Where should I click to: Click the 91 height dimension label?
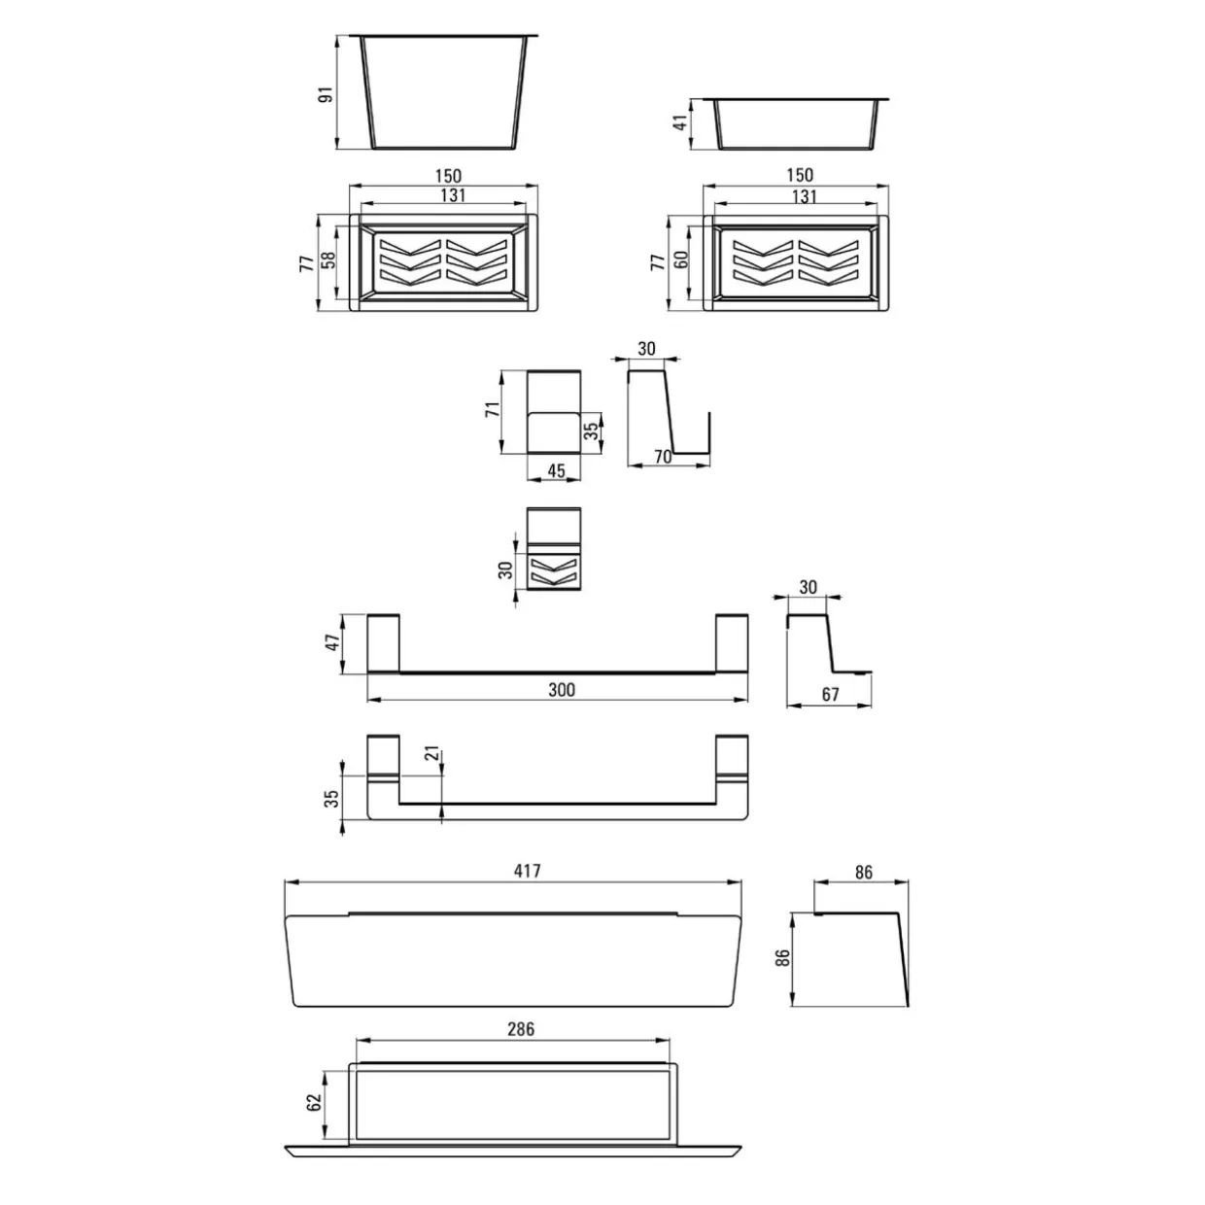[x=327, y=94]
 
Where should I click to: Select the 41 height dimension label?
[x=679, y=121]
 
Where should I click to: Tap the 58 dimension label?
[x=328, y=259]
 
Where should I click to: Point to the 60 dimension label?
[x=681, y=258]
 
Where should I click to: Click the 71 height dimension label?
[x=493, y=409]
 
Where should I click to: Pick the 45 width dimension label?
[x=556, y=471]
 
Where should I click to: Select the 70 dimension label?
[x=662, y=457]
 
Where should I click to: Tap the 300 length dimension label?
[x=562, y=690]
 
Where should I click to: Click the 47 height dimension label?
[x=332, y=642]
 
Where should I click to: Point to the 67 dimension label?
[x=830, y=694]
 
